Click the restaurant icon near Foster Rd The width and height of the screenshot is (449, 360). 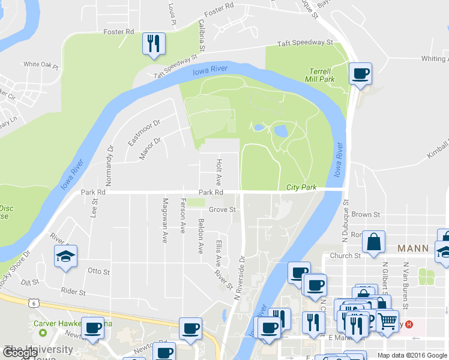[153, 44]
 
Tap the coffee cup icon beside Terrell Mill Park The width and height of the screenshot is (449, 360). [360, 74]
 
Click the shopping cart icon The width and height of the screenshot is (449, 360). [388, 320]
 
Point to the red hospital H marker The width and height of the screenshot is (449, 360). [409, 325]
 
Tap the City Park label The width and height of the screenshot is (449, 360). [301, 187]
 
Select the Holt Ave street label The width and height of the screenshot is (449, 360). [219, 172]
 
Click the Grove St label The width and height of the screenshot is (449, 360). [223, 210]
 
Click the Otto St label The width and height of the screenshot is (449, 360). [98, 271]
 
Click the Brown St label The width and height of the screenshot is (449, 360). [366, 214]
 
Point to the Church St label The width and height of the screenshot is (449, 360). [349, 256]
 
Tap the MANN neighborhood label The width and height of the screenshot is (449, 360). [413, 248]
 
